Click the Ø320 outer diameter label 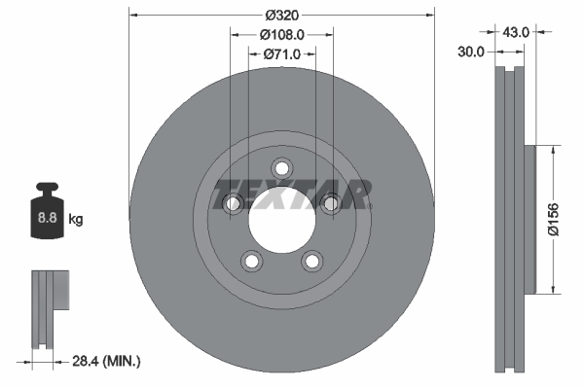(281, 15)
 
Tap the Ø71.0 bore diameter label (281, 53)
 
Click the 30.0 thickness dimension (472, 51)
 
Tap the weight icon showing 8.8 (46, 212)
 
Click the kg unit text (76, 220)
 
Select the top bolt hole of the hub (282, 167)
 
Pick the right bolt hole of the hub (330, 202)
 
